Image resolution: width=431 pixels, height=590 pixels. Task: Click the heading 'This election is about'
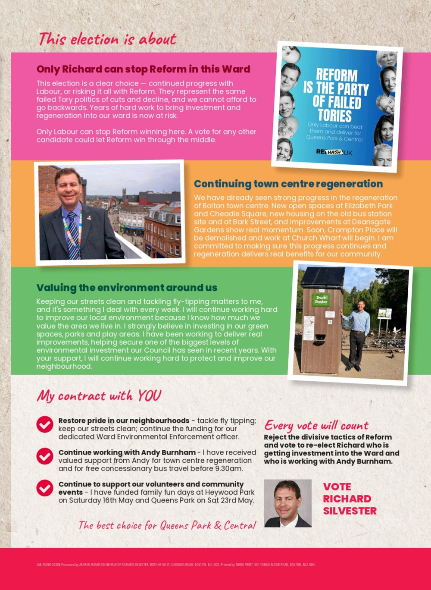point(107,39)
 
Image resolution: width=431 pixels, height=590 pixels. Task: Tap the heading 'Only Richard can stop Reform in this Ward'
point(143,69)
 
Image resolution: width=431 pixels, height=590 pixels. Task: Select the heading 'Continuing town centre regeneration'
point(288,184)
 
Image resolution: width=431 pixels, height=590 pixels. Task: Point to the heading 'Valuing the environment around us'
point(127,288)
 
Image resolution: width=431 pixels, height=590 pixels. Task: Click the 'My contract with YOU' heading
point(99,395)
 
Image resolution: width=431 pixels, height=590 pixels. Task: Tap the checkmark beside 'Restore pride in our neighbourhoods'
point(45,424)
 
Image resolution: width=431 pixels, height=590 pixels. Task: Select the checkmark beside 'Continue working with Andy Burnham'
point(45,456)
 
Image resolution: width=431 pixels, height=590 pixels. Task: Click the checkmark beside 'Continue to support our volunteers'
point(45,488)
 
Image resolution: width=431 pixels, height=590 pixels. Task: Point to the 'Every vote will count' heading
point(316,426)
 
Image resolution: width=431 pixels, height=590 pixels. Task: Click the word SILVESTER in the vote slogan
point(350,511)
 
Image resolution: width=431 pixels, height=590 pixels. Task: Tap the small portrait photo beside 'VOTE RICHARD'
point(287,503)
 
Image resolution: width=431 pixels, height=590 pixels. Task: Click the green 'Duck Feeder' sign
point(321,300)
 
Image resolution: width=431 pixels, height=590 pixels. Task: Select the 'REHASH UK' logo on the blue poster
point(334,152)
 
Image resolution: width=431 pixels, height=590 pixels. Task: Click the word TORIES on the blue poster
point(334,115)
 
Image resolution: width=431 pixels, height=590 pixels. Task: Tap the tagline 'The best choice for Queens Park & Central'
point(167,525)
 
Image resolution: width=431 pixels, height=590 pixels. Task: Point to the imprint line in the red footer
point(176,564)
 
